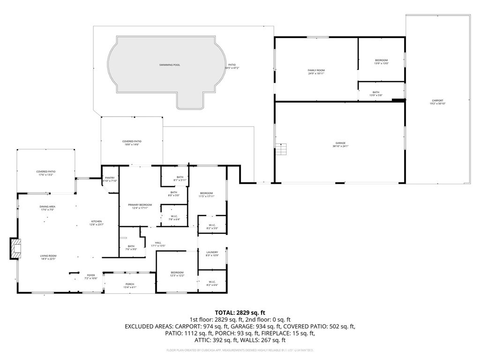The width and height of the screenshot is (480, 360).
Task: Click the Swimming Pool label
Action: (x=169, y=65)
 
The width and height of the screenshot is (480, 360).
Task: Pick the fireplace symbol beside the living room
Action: (x=16, y=248)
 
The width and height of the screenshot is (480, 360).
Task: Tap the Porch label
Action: (x=129, y=285)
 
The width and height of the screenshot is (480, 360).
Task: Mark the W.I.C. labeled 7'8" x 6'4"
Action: (x=173, y=217)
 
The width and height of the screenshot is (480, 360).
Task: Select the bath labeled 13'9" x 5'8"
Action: (x=376, y=93)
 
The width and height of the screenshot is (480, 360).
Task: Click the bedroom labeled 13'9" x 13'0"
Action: (x=381, y=61)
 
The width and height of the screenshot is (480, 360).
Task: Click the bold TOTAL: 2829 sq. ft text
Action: (x=240, y=312)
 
